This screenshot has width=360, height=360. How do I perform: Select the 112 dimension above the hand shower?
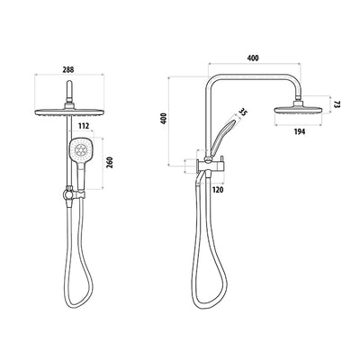[x=83, y=127]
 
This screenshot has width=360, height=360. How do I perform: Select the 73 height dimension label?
[x=337, y=105]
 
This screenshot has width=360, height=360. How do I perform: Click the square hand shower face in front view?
[x=81, y=154]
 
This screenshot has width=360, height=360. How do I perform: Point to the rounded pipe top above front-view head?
[x=68, y=86]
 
